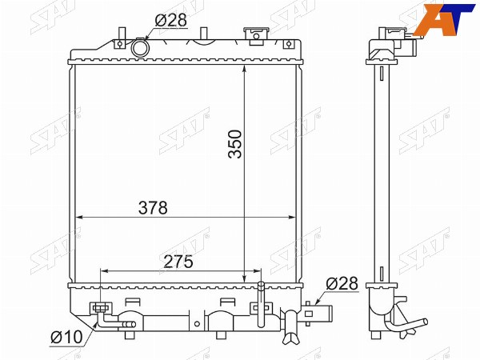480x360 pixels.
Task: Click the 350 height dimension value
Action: [235, 144]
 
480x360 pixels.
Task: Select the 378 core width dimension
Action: [153, 208]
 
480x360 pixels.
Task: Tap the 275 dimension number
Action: [178, 262]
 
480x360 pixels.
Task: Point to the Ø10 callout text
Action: [66, 337]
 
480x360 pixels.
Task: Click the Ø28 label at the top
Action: [171, 20]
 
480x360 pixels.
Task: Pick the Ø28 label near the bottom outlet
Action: [342, 283]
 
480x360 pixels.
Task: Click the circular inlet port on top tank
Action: [141, 47]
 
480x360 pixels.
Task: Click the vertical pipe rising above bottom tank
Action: [261, 304]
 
